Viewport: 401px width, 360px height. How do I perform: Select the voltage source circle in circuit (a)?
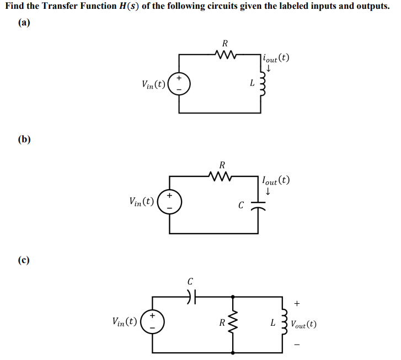(179, 85)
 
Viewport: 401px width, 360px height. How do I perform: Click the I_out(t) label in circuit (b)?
(276, 180)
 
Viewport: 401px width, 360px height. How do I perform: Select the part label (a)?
(23, 24)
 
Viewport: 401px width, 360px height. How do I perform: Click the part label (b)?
(23, 138)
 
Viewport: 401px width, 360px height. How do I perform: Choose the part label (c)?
(23, 259)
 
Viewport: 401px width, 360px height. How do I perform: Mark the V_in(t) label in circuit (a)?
(154, 85)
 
